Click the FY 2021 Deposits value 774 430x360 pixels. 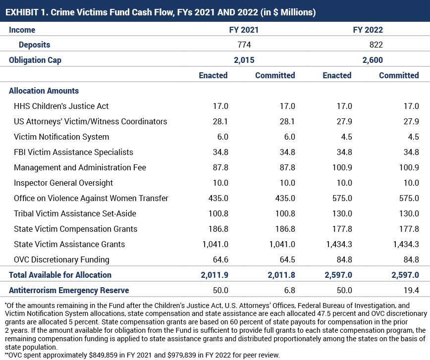(x=244, y=45)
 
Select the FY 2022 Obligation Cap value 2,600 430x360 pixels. (x=373, y=60)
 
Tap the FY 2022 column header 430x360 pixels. (x=368, y=30)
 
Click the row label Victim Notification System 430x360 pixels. (x=61, y=137)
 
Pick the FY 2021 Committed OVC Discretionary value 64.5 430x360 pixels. (x=287, y=259)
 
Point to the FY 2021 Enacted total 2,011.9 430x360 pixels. (x=215, y=275)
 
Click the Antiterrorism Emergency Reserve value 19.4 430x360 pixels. (x=411, y=290)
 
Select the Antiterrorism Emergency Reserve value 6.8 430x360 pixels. (x=290, y=290)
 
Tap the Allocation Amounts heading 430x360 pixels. (x=44, y=91)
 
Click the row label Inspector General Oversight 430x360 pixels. (x=63, y=183)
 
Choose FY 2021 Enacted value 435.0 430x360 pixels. (x=218, y=198)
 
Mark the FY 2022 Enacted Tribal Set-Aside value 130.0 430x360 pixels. (x=342, y=213)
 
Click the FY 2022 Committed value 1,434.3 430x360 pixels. (x=406, y=244)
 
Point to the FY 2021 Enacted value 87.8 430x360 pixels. (x=220, y=167)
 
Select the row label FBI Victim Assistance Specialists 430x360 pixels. (x=73, y=152)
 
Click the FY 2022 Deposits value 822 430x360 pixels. (x=376, y=45)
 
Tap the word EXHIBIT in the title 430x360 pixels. (x=22, y=12)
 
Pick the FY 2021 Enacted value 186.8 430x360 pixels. (x=218, y=229)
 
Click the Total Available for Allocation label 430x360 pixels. (x=60, y=275)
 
